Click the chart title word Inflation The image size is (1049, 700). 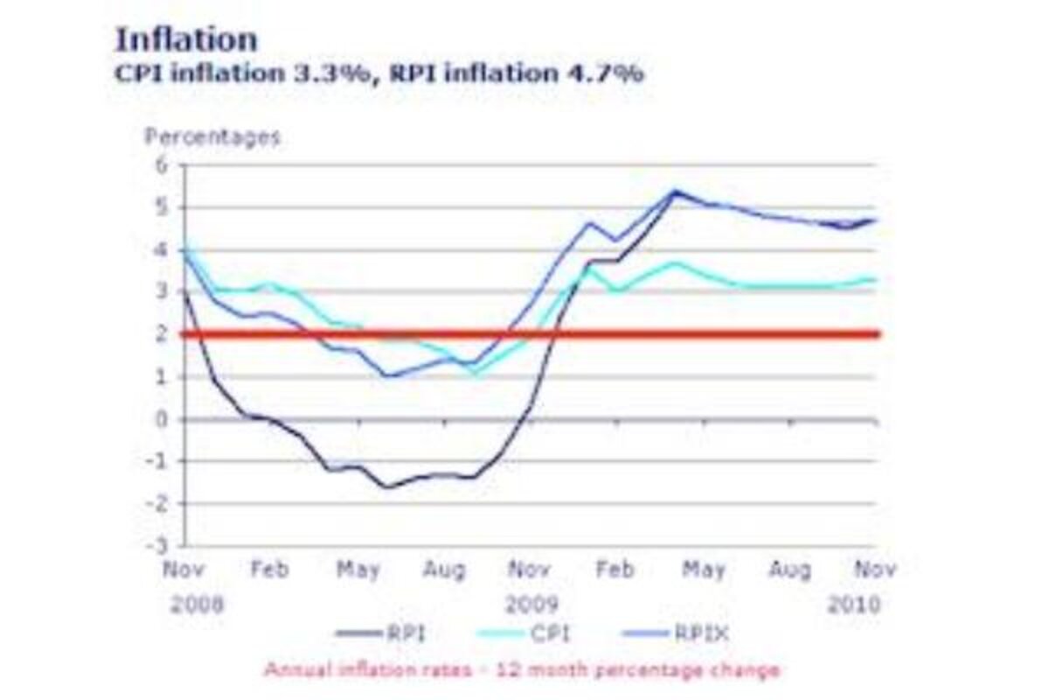(x=186, y=39)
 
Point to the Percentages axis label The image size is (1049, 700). (x=212, y=137)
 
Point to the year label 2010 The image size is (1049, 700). (x=855, y=605)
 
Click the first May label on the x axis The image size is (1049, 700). (x=358, y=570)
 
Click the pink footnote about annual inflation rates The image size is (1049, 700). (x=522, y=671)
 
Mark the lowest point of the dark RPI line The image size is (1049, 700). (x=386, y=486)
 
